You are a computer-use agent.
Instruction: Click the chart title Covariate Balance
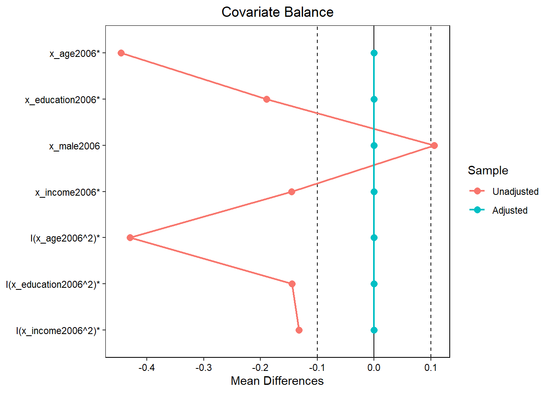pyautogui.click(x=277, y=12)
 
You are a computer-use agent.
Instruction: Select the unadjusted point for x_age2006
pyautogui.click(x=121, y=53)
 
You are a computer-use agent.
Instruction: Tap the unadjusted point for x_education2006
pyautogui.click(x=266, y=99)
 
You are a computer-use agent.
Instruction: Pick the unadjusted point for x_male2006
pyautogui.click(x=434, y=146)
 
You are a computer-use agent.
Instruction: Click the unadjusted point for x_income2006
pyautogui.click(x=291, y=192)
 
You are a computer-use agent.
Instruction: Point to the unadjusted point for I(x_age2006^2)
pyautogui.click(x=130, y=238)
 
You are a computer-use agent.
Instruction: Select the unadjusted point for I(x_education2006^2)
pyautogui.click(x=292, y=284)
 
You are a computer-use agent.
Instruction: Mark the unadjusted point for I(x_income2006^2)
pyautogui.click(x=299, y=330)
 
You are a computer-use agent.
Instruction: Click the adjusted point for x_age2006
pyautogui.click(x=374, y=53)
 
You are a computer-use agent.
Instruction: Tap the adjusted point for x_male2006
pyautogui.click(x=374, y=146)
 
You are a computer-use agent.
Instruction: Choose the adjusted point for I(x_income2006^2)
pyautogui.click(x=374, y=330)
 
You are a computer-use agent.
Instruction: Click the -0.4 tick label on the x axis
pyautogui.click(x=146, y=368)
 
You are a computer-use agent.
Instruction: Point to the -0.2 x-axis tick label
pyautogui.click(x=260, y=368)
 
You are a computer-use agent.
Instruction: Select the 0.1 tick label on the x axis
pyautogui.click(x=430, y=368)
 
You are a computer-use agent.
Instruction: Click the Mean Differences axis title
pyautogui.click(x=277, y=381)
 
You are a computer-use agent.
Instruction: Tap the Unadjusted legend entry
pyautogui.click(x=515, y=192)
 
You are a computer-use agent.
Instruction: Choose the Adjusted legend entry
pyautogui.click(x=510, y=210)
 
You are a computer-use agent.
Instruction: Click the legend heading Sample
pyautogui.click(x=488, y=171)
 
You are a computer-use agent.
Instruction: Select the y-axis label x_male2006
pyautogui.click(x=75, y=146)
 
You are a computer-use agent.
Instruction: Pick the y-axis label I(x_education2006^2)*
pyautogui.click(x=53, y=285)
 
